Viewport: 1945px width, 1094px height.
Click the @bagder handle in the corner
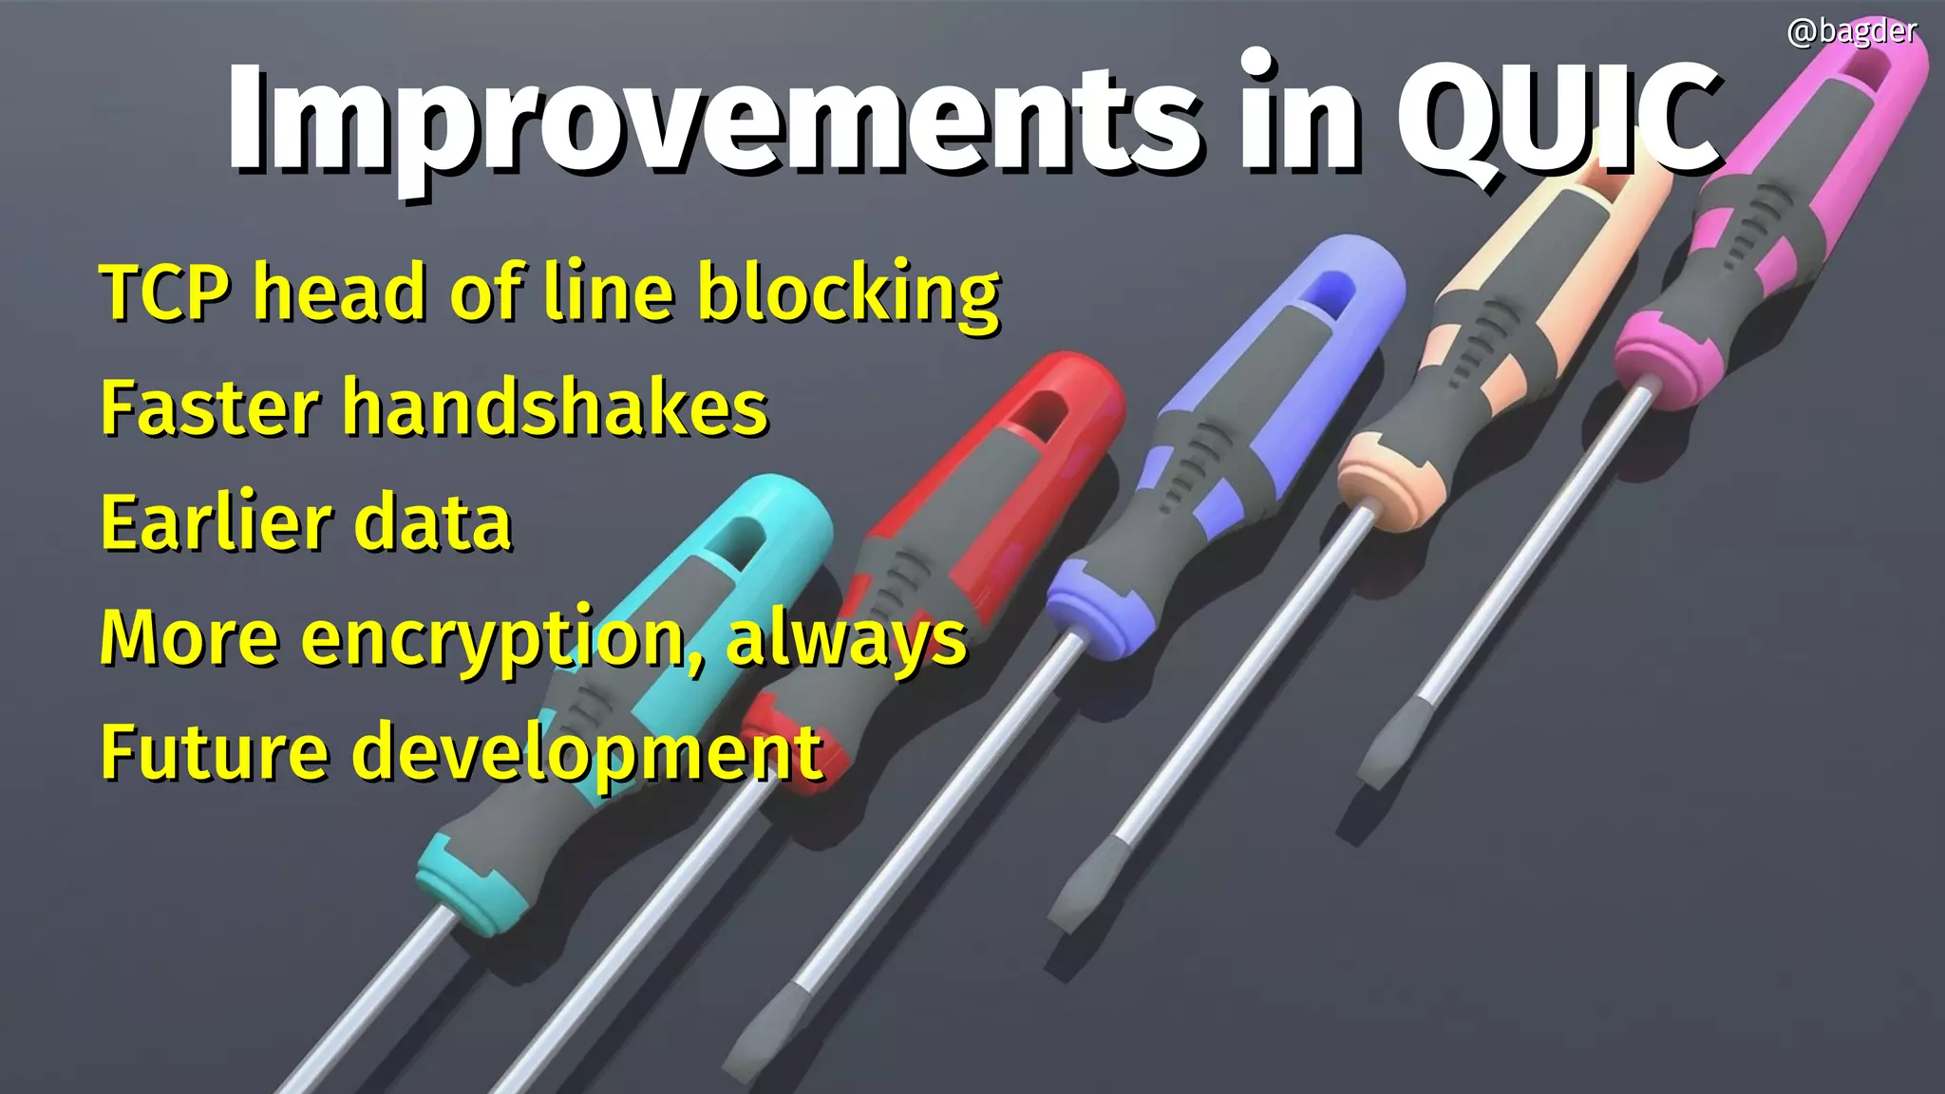point(1851,32)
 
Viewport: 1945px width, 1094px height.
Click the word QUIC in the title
point(1558,119)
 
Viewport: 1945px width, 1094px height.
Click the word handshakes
point(555,407)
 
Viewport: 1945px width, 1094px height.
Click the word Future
point(214,751)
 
